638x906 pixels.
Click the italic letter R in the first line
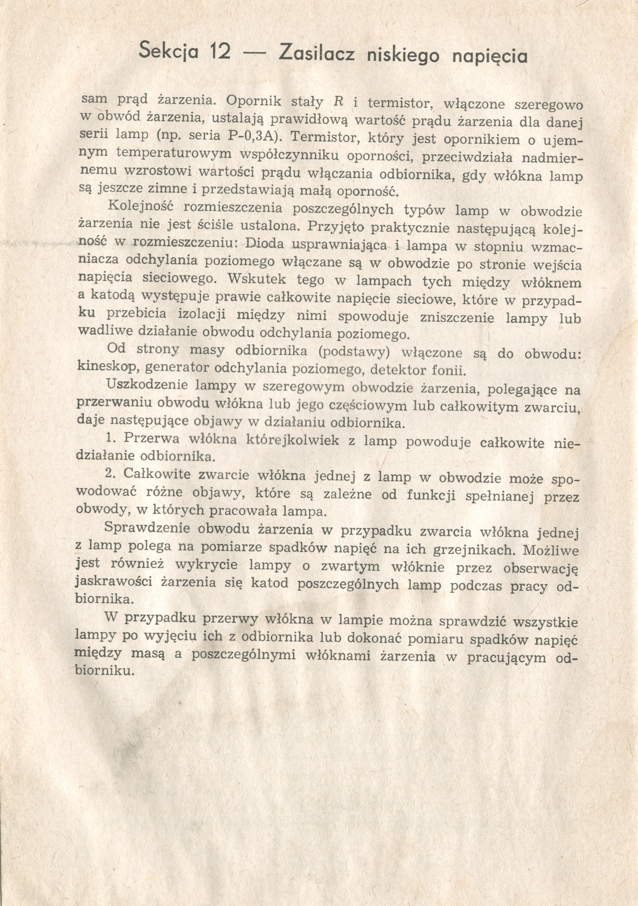[x=338, y=102]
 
